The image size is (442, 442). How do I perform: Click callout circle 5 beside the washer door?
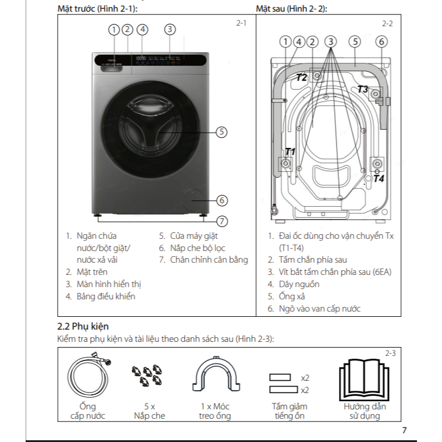221,132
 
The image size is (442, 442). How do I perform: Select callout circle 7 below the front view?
221,221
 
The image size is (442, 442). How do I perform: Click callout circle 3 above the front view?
169,29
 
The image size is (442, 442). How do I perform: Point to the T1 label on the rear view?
289,151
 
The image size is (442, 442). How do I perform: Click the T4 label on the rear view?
379,179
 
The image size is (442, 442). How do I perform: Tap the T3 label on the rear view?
362,89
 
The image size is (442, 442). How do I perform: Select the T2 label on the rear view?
301,77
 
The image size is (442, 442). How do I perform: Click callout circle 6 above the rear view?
381,41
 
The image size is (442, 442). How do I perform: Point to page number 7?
404,431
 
